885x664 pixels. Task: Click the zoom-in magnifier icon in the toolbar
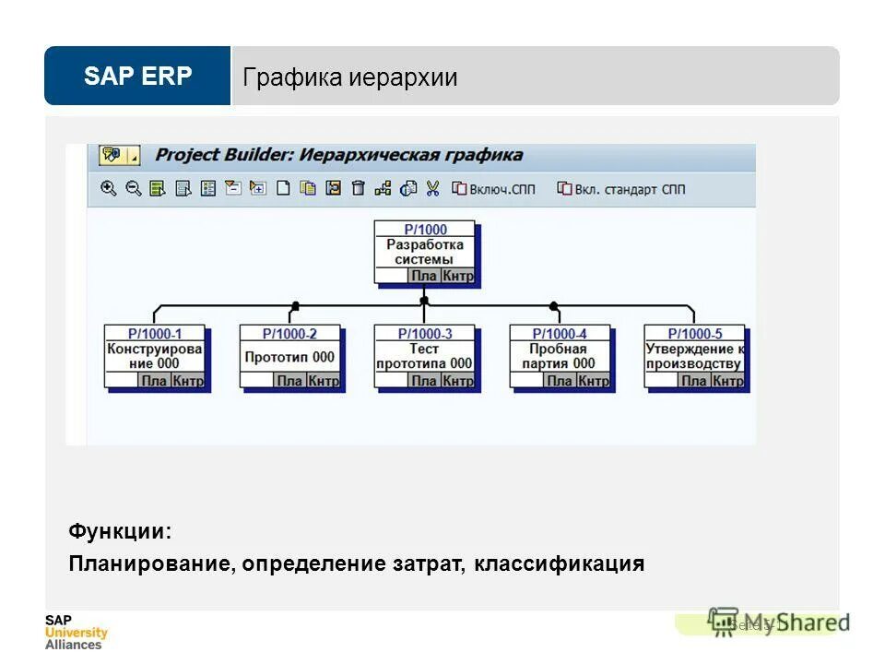pyautogui.click(x=109, y=188)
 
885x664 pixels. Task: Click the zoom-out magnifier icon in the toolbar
pyautogui.click(x=134, y=188)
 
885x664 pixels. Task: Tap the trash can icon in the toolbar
pyautogui.click(x=359, y=188)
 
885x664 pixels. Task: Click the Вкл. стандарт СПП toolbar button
pyautogui.click(x=621, y=189)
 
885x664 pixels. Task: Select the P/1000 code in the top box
pyautogui.click(x=425, y=230)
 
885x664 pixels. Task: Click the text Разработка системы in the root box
pyautogui.click(x=425, y=252)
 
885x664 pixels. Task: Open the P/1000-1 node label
pyautogui.click(x=155, y=334)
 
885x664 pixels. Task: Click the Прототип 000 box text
pyautogui.click(x=289, y=357)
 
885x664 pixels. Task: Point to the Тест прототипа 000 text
pyautogui.click(x=425, y=356)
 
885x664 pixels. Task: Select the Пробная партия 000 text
pyautogui.click(x=560, y=356)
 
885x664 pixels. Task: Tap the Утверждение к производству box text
pyautogui.click(x=694, y=356)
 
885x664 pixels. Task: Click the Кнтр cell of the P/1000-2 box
pyautogui.click(x=323, y=380)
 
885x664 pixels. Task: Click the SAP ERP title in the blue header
pyautogui.click(x=137, y=77)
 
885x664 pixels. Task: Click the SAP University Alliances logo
pyautogui.click(x=76, y=632)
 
